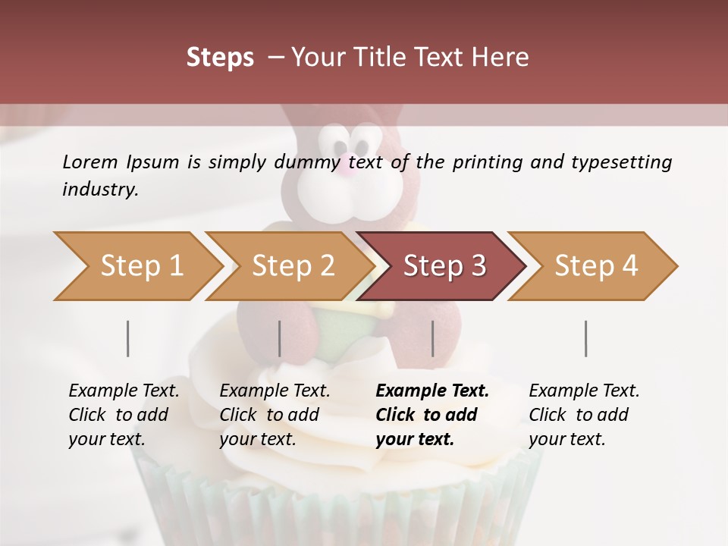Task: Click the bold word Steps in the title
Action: (220, 58)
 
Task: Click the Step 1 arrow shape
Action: (136, 266)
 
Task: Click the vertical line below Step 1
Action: (128, 338)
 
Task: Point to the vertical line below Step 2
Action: (280, 338)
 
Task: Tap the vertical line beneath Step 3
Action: (433, 338)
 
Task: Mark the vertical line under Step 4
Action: (586, 338)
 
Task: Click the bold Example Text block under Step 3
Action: (432, 415)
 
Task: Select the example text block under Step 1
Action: (124, 415)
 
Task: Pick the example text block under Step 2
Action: (275, 415)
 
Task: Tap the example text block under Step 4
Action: (584, 415)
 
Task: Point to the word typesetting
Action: (621, 162)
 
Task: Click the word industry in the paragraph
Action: (99, 189)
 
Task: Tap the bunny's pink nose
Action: (344, 165)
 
